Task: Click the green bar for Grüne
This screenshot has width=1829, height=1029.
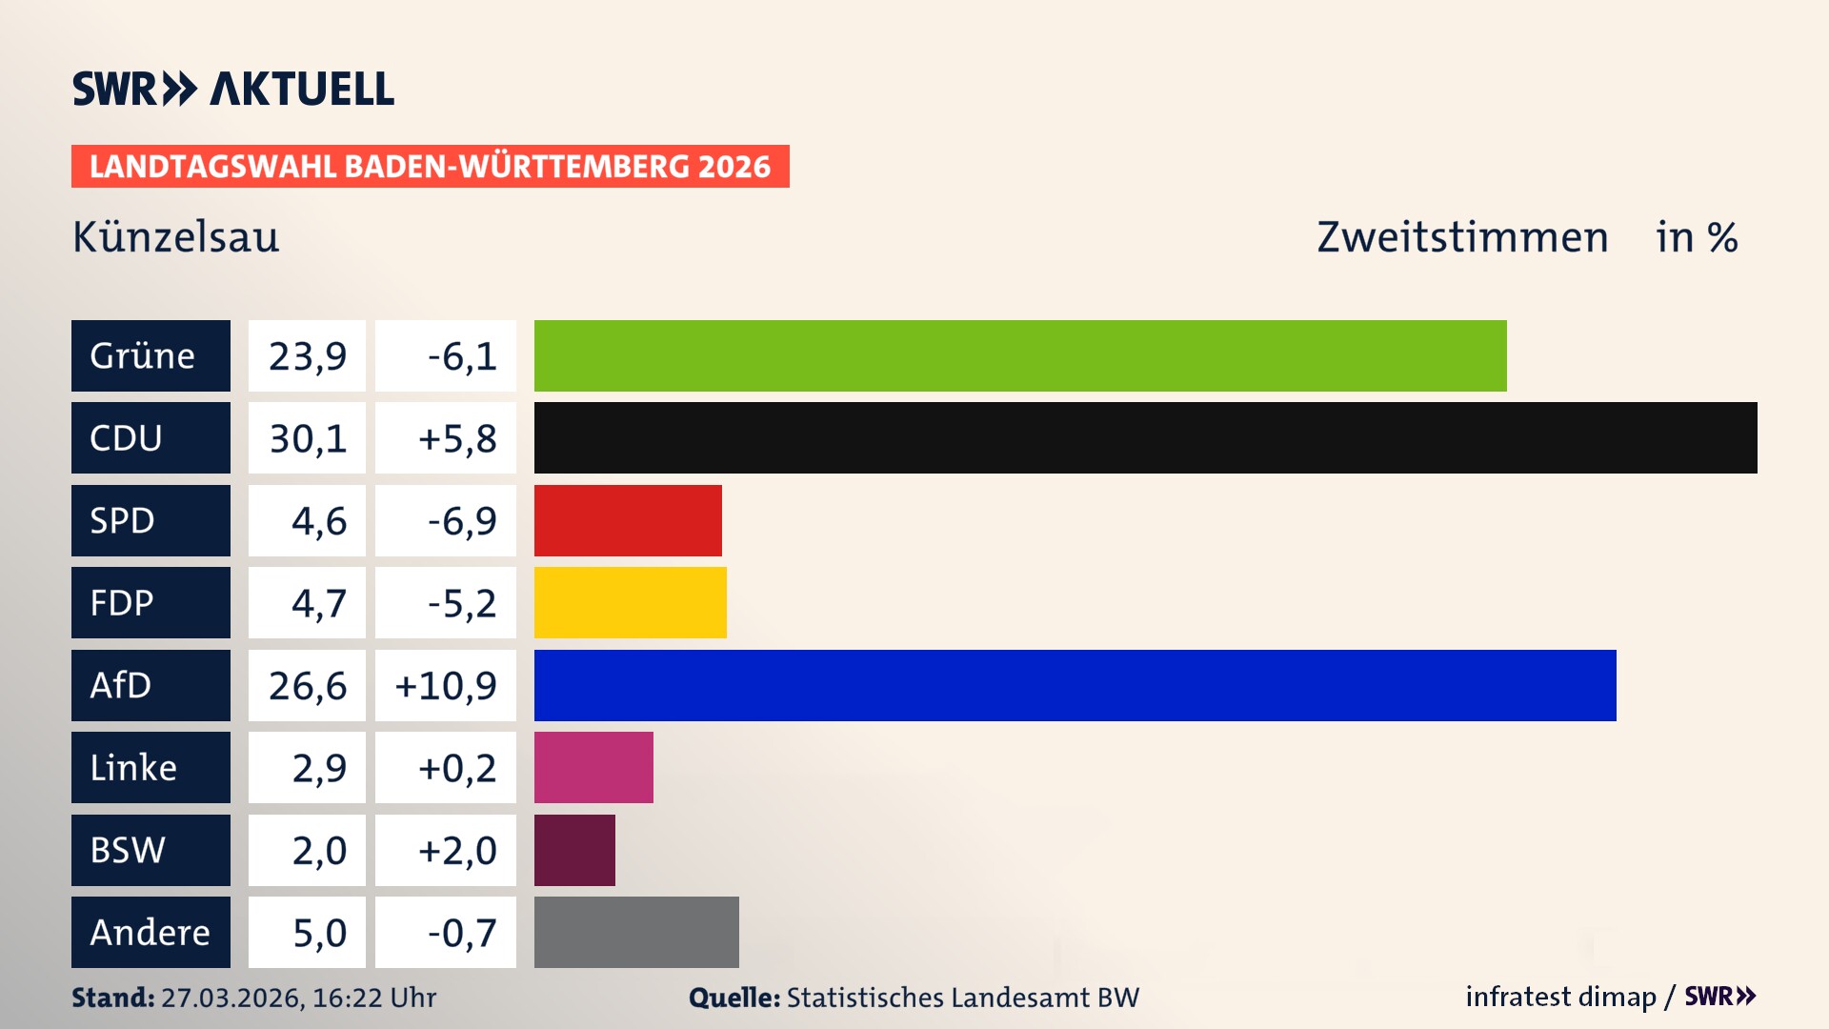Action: [x=1019, y=355]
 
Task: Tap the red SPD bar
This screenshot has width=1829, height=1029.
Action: [x=628, y=520]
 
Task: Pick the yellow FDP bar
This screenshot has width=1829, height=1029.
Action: [x=630, y=603]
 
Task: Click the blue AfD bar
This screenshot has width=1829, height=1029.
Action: [x=1075, y=685]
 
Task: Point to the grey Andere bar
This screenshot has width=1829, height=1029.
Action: [x=636, y=932]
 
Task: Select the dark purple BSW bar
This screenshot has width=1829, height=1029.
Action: [x=574, y=850]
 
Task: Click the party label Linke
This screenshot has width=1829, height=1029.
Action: [x=133, y=768]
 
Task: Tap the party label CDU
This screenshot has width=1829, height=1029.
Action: [x=126, y=438]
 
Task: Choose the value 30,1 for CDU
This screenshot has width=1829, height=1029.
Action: [x=308, y=438]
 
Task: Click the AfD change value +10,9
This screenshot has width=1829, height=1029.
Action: [x=446, y=685]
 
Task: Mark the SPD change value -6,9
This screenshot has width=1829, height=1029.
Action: [x=462, y=520]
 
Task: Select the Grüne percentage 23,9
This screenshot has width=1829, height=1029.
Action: [x=308, y=355]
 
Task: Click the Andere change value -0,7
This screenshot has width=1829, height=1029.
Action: [x=462, y=932]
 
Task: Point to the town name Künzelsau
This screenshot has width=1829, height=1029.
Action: [x=176, y=236]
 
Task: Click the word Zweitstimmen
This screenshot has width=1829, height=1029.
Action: [x=1462, y=236]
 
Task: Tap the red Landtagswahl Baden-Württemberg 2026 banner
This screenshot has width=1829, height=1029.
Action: [x=430, y=167]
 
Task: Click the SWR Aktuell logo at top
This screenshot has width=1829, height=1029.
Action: [x=233, y=89]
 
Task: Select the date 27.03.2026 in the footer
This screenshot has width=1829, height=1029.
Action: [x=231, y=998]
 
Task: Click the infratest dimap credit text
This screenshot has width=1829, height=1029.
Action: [x=1560, y=997]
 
